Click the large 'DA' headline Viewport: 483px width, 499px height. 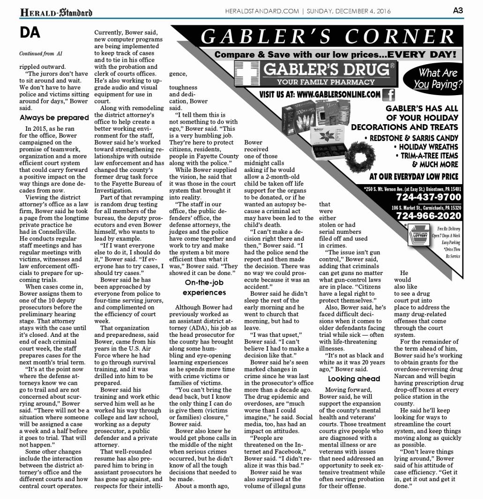30,33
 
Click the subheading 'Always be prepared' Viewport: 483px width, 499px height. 54,118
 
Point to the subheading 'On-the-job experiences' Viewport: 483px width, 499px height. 205,287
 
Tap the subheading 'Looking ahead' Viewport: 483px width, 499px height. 353,379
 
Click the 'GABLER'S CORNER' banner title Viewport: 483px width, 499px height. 327,37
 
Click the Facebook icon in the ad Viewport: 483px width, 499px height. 388,95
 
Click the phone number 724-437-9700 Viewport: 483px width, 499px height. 428,197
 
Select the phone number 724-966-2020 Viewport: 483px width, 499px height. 428,216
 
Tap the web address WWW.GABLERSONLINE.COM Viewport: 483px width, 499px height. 320,95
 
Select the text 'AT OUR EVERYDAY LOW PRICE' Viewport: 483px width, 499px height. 414,177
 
